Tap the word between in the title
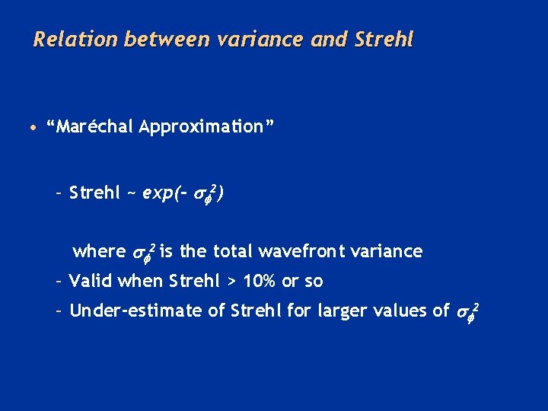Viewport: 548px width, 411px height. click(x=151, y=39)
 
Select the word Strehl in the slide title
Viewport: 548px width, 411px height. click(x=384, y=39)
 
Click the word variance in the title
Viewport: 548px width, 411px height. click(x=237, y=39)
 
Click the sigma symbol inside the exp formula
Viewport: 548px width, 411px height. click(x=197, y=195)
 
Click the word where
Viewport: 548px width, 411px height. click(x=99, y=251)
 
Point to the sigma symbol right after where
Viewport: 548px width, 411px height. click(x=139, y=253)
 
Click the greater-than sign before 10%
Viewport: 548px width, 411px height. click(x=231, y=282)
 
